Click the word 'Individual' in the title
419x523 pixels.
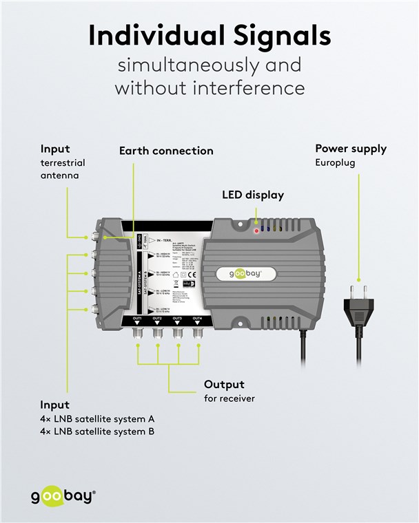[x=142, y=36]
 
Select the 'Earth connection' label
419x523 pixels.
[x=166, y=151]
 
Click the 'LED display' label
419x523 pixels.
[x=252, y=195]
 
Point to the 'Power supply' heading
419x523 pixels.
[x=351, y=149]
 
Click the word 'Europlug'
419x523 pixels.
[x=339, y=163]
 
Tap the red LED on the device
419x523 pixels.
[x=256, y=231]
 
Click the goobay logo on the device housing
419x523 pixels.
[x=252, y=274]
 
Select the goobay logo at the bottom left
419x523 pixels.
[x=63, y=496]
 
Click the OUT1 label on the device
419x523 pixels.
[x=137, y=319]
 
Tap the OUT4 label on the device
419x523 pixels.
[x=197, y=319]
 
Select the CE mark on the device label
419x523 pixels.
[x=193, y=277]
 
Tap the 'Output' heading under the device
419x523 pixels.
[x=224, y=385]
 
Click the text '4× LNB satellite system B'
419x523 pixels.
[x=97, y=431]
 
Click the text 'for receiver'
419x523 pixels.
[x=229, y=398]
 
